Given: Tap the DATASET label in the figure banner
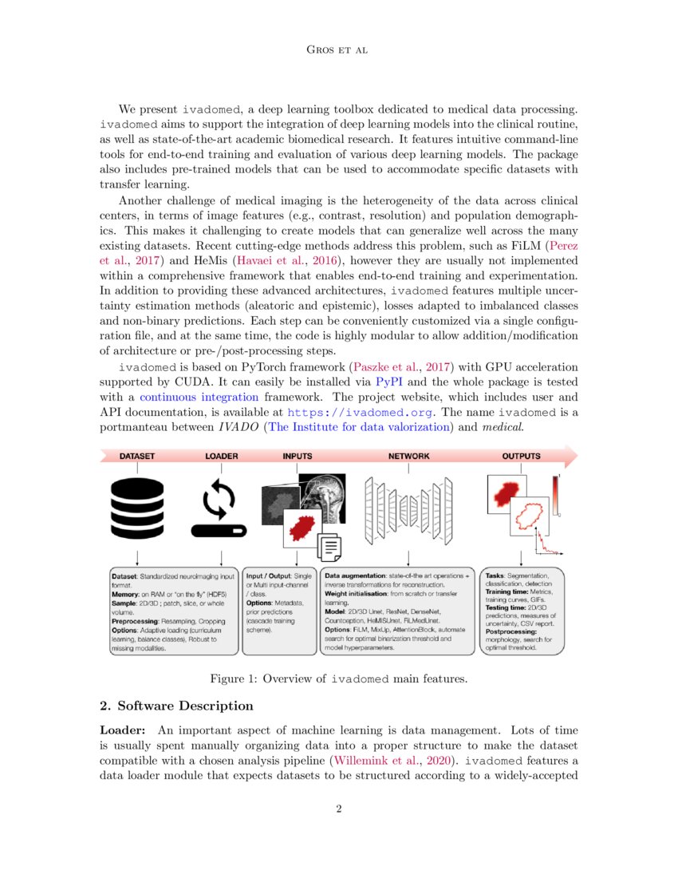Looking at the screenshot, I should coord(137,457).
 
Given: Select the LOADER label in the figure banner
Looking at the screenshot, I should coord(222,457).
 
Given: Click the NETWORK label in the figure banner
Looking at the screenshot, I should coord(408,457).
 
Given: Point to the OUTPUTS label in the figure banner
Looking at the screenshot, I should coord(521,457).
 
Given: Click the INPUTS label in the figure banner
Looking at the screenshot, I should coord(298,457).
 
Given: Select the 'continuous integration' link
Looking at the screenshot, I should coord(195,397).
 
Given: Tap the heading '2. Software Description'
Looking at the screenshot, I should coord(176,706).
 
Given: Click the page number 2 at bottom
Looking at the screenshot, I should coord(339,809).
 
